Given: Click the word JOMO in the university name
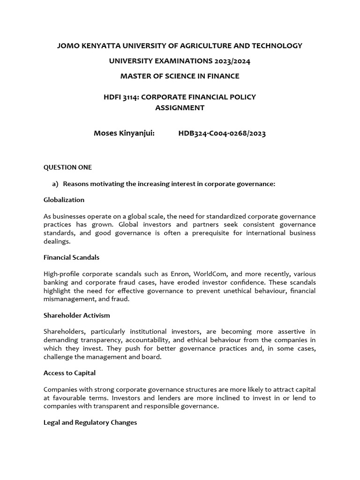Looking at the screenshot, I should (x=67, y=45).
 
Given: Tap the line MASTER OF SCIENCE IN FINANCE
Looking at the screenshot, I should (x=180, y=76).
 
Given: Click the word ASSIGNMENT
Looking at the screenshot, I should (x=180, y=107).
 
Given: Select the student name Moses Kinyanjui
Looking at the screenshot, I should (x=124, y=134).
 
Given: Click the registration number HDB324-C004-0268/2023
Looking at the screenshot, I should (x=222, y=134).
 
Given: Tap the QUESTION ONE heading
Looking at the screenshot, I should (x=67, y=167).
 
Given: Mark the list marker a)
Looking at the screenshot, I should (x=55, y=184).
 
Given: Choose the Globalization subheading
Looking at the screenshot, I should (x=64, y=200).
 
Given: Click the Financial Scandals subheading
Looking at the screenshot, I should (x=71, y=257).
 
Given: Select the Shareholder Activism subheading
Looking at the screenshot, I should (x=77, y=315).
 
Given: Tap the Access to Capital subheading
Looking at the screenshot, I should (x=70, y=373).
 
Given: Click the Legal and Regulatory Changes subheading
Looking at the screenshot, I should (x=90, y=422).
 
